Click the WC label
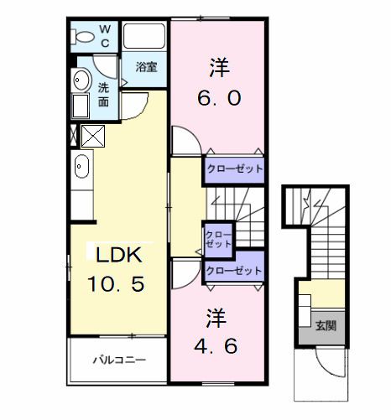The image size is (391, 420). coord(105,37)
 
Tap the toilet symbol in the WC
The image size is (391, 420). coord(83,37)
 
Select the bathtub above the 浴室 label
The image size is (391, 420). coord(145,38)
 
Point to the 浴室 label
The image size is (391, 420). coord(145,67)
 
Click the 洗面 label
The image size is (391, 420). coord(104,94)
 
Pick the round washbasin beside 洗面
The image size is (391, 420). coord(81,80)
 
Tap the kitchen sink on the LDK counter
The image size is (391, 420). coord(81,167)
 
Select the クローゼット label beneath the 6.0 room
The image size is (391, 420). coord(234,169)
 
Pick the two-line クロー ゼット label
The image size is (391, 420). coord(217,238)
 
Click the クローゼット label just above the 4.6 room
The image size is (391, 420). coord(234,271)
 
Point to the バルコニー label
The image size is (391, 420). coord(119,361)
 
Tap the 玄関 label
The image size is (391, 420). coord(326,325)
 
